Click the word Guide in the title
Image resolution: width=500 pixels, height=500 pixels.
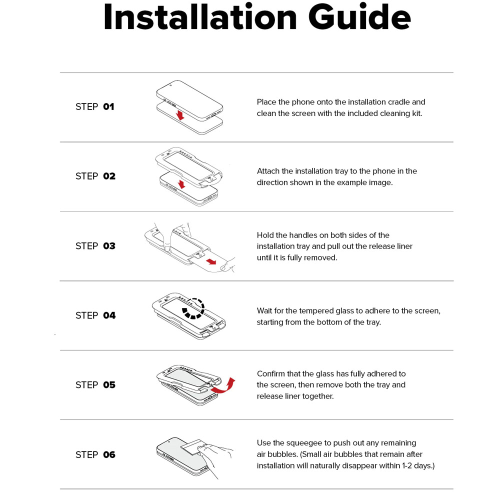coord(359,17)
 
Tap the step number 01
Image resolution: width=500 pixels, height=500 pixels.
coord(108,106)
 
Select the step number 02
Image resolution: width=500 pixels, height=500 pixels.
coord(109,176)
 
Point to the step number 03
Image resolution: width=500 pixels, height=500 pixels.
coord(109,246)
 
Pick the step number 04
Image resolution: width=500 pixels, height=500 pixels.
coord(109,315)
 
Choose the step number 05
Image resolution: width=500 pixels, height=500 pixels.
coord(109,385)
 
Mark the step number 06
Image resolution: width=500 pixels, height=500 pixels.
coord(109,454)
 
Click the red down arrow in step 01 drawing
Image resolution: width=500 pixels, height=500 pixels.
coord(180,115)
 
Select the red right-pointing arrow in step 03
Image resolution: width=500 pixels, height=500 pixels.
coord(211,262)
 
